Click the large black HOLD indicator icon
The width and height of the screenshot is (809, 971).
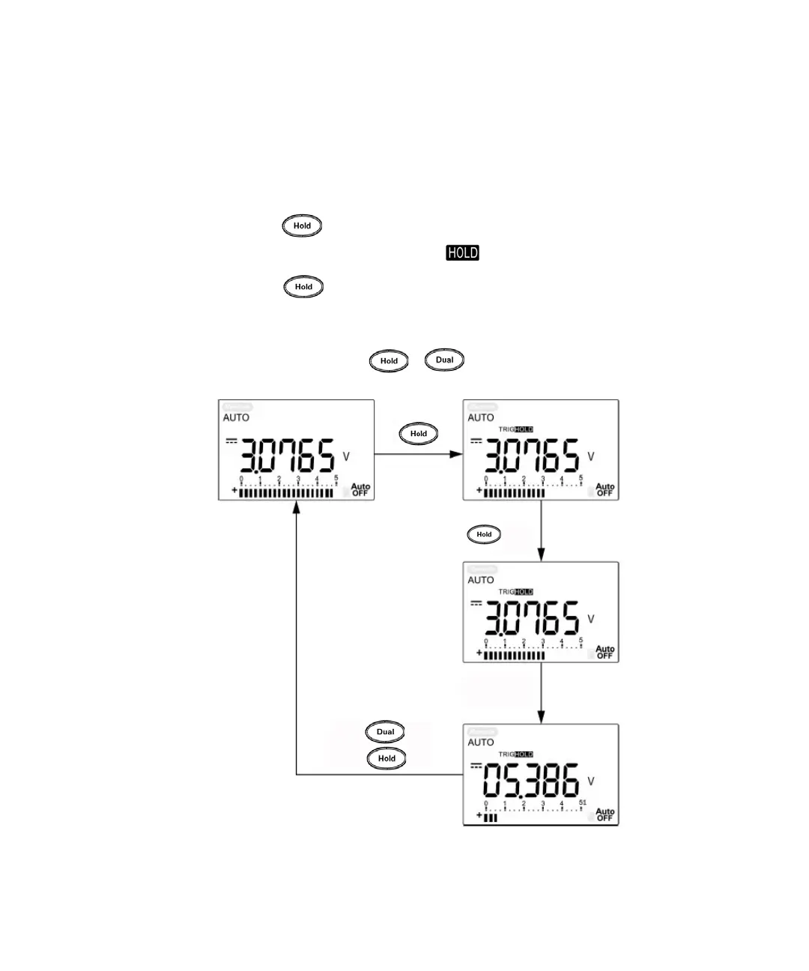[462, 253]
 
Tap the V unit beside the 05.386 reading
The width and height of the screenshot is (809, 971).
[591, 781]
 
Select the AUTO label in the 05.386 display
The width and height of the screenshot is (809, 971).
[481, 742]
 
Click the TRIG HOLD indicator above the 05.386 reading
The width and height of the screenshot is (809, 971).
[516, 754]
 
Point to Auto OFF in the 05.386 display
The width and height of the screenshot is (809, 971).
[605, 815]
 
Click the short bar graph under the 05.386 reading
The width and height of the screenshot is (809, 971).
[491, 818]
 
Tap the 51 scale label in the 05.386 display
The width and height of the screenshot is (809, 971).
[582, 802]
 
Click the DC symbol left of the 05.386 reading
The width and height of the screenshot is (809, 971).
[476, 765]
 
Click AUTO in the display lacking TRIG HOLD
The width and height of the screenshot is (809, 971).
[236, 418]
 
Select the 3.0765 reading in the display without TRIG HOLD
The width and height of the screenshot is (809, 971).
[287, 456]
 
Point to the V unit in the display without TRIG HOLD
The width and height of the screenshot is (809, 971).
[346, 456]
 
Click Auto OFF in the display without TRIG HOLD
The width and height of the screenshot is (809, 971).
[360, 490]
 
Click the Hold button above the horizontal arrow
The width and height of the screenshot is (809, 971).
[419, 434]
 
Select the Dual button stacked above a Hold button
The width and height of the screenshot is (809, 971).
[385, 732]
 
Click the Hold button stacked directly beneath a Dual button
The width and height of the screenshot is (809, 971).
[387, 758]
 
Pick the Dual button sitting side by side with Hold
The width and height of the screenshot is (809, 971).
[445, 360]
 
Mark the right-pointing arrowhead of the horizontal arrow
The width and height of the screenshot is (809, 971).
[457, 454]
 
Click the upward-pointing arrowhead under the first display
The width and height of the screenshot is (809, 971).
[297, 507]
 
